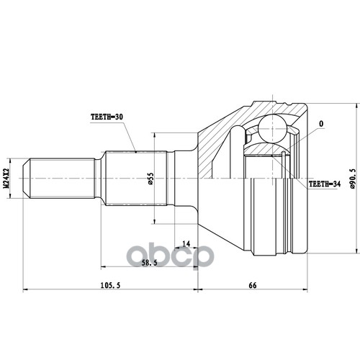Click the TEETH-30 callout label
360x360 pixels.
[107, 117]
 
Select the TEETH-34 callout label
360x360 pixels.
[325, 184]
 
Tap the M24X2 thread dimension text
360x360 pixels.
[6, 178]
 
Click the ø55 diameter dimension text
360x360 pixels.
[150, 179]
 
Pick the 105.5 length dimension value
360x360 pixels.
[110, 285]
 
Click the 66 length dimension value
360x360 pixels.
[253, 285]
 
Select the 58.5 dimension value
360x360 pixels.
[149, 263]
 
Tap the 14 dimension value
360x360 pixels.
[186, 244]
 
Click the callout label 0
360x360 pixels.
[321, 124]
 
